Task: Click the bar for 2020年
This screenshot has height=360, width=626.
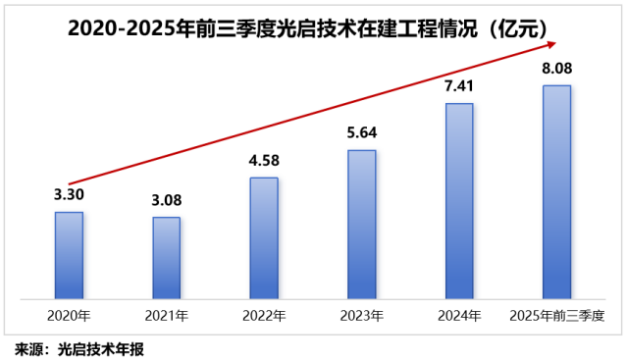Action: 69,254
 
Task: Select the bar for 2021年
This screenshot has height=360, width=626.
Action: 167,257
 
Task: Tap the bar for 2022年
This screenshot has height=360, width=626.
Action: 264,237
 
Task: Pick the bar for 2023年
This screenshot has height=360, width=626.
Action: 362,224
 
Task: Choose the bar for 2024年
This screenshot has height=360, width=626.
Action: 459,200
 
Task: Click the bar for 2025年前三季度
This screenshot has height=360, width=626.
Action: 556,191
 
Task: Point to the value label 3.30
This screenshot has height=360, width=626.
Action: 69,194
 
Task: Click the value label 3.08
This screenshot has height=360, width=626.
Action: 167,200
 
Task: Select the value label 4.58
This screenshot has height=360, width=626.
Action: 264,160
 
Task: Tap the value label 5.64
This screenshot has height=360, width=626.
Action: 362,132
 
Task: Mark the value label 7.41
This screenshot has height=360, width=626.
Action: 459,86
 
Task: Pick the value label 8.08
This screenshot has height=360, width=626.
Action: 556,69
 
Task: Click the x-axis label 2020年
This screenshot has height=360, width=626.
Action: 69,316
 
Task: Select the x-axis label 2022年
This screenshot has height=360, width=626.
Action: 264,316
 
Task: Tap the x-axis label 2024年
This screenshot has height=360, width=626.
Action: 459,316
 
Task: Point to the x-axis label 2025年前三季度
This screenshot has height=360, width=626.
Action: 556,316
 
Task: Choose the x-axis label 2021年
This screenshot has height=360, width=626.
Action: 167,316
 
